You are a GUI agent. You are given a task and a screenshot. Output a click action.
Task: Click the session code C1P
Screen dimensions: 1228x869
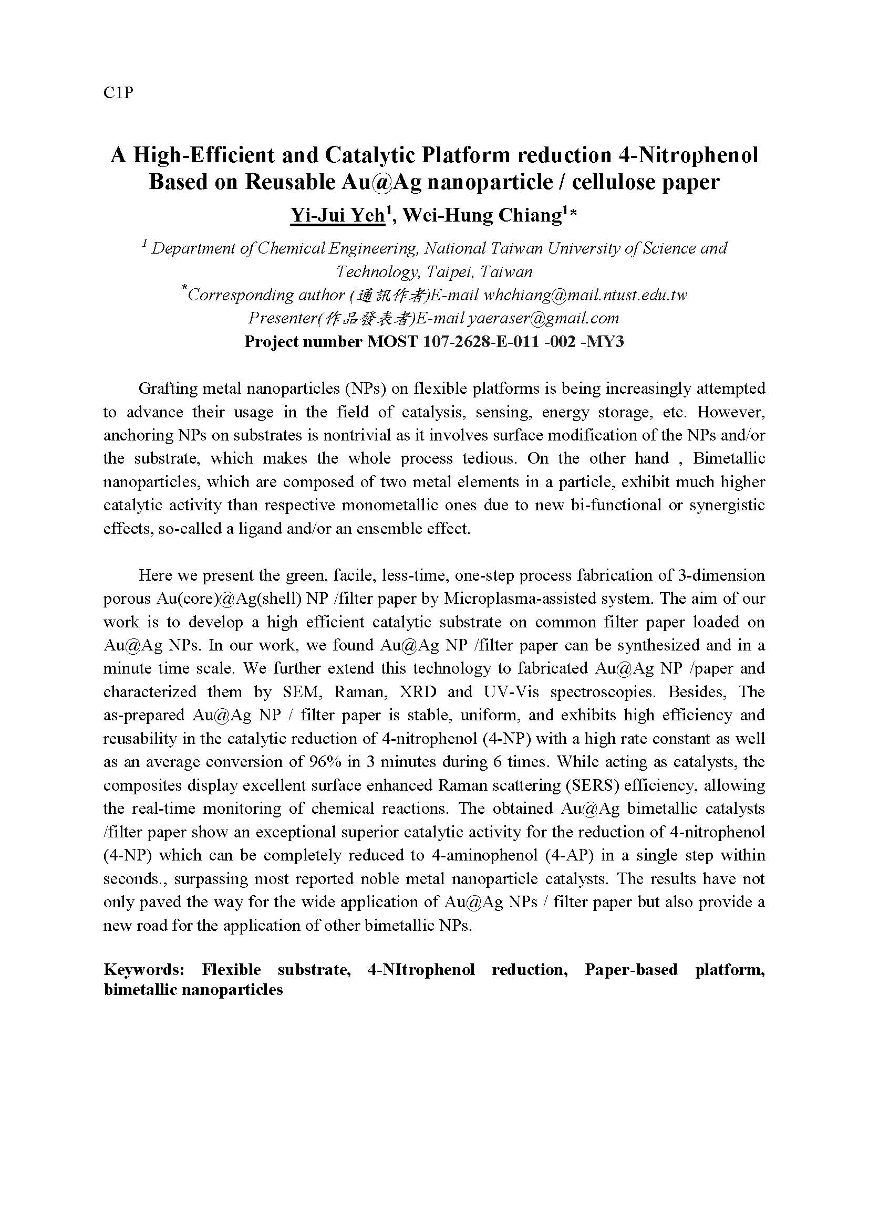[118, 93]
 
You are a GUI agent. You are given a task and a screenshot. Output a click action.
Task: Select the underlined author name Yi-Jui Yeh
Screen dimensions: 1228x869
[337, 215]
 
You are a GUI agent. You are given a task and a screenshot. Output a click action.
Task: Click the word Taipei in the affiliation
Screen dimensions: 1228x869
[450, 272]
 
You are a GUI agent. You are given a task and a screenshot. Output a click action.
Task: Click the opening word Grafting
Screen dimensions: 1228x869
[167, 389]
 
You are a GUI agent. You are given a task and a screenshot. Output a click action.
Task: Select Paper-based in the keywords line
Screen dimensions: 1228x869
[631, 970]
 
